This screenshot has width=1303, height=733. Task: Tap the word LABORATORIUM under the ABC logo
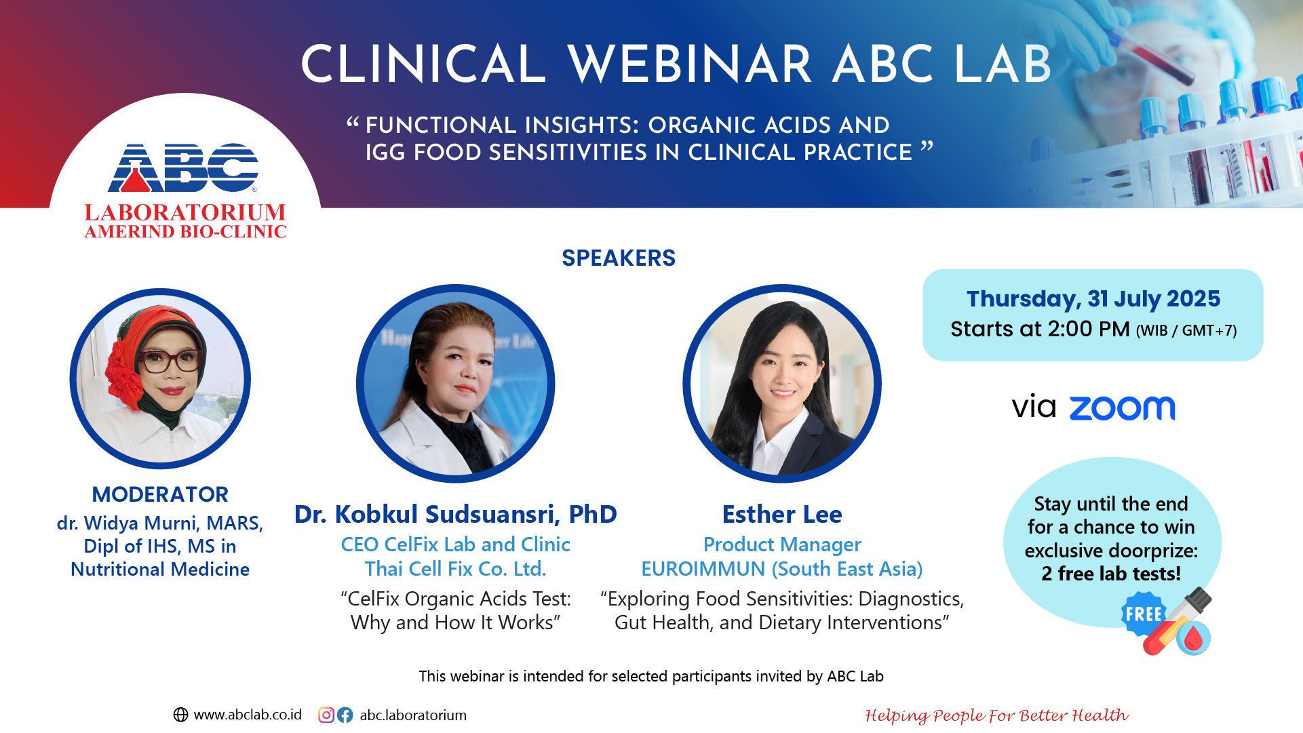pyautogui.click(x=185, y=212)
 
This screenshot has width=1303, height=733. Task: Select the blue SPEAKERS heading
pyautogui.click(x=619, y=258)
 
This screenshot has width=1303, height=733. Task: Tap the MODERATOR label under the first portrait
pyautogui.click(x=160, y=494)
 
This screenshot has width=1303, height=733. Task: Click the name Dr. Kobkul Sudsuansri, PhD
pyautogui.click(x=456, y=514)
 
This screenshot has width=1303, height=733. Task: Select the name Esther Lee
pyautogui.click(x=782, y=514)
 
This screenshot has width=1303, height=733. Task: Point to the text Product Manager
pyautogui.click(x=782, y=544)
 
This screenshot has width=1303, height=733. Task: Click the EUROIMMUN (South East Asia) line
pyautogui.click(x=782, y=569)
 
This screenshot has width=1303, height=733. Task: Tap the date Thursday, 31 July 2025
pyautogui.click(x=1093, y=298)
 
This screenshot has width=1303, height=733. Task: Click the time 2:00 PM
pyautogui.click(x=1088, y=329)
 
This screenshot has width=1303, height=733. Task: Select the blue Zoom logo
pyautogui.click(x=1122, y=408)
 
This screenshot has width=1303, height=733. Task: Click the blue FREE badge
pyautogui.click(x=1144, y=614)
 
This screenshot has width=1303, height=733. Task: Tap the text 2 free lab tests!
pyautogui.click(x=1111, y=574)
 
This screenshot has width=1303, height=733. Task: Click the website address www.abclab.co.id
pyautogui.click(x=248, y=715)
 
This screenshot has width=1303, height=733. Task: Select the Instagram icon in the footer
pyautogui.click(x=326, y=715)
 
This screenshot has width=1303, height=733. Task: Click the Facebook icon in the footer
pyautogui.click(x=345, y=715)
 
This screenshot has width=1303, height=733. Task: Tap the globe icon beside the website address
pyautogui.click(x=180, y=715)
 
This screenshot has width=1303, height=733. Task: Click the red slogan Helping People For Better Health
pyautogui.click(x=996, y=715)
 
